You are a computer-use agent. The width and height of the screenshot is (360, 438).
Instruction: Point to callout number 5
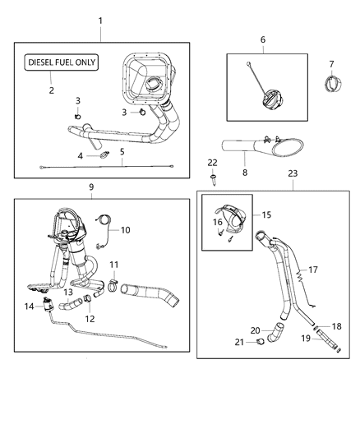[122, 151]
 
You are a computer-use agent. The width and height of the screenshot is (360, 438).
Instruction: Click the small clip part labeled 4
[104, 154]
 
